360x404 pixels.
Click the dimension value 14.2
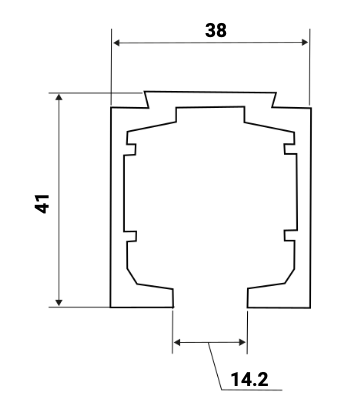(x=248, y=380)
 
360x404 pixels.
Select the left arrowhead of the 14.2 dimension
(x=178, y=343)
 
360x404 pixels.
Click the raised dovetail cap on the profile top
(x=210, y=98)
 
